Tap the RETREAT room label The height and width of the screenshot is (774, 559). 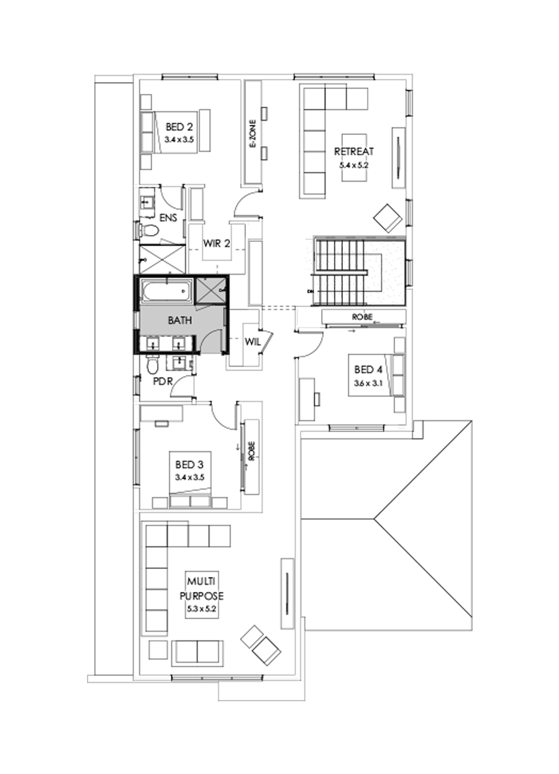pos(353,152)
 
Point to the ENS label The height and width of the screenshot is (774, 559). pos(168,218)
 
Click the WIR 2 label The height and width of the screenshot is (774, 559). pos(217,244)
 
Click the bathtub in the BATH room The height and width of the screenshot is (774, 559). pos(166,290)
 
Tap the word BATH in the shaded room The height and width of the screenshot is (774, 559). pos(180,320)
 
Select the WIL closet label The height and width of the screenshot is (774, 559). pos(252,341)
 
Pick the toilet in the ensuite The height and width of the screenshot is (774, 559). pos(150,232)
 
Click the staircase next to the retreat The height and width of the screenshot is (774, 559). pos(342,271)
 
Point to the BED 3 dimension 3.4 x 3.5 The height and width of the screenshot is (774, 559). pos(190,477)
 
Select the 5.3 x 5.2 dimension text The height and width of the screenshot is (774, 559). pos(202,609)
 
